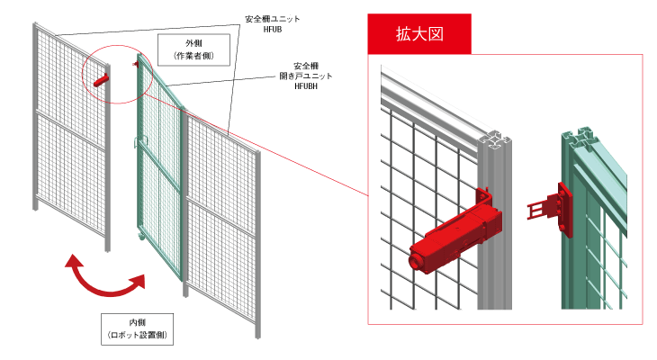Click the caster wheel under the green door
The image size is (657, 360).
(140, 237)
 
